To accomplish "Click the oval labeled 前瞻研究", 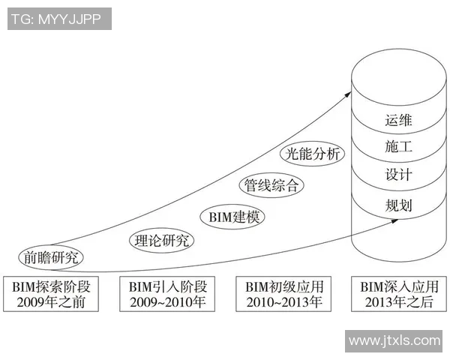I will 51,257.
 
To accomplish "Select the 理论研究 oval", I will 162,241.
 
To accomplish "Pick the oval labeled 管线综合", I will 272,184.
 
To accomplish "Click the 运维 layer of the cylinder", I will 398,120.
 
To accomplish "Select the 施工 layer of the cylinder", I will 398,148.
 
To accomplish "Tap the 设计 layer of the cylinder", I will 398,176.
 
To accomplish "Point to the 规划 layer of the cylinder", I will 398,205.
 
